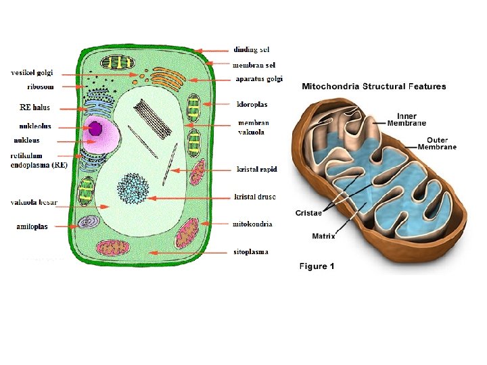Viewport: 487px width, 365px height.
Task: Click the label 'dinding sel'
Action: (x=251, y=50)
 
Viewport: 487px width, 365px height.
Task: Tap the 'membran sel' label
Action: (x=254, y=66)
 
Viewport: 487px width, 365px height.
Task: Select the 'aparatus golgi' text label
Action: (x=259, y=79)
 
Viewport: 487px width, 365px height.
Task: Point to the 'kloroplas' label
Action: (x=252, y=105)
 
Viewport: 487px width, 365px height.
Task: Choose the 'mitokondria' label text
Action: (x=252, y=224)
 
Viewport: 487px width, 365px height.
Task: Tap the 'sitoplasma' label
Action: (x=250, y=252)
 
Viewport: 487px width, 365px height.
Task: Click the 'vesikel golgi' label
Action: (x=32, y=73)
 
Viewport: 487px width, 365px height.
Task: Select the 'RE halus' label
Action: (x=34, y=107)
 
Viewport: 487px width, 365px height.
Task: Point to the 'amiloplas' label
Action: (x=32, y=226)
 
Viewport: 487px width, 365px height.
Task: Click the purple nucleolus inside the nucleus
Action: (x=95, y=128)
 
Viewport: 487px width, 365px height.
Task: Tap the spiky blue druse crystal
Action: (x=133, y=188)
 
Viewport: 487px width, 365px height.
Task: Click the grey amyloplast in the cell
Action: (x=88, y=222)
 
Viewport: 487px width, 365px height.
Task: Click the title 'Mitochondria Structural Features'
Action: (x=373, y=87)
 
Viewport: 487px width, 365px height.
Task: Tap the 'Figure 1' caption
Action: (x=317, y=266)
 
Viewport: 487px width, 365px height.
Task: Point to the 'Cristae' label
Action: (x=308, y=213)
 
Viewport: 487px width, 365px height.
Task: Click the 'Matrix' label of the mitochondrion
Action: (x=323, y=237)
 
